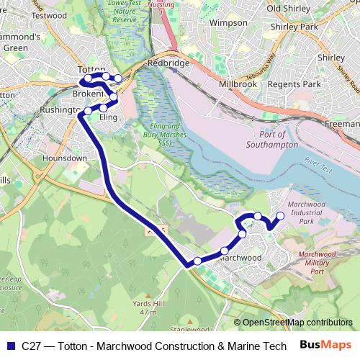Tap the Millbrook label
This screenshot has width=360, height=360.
237,84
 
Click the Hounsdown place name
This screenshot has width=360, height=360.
64,158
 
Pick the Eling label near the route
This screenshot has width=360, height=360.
108,117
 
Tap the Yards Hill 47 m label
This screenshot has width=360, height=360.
148,307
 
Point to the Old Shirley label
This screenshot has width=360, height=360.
283,9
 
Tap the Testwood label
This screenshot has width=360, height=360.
49,14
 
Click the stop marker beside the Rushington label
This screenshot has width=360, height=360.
88,110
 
